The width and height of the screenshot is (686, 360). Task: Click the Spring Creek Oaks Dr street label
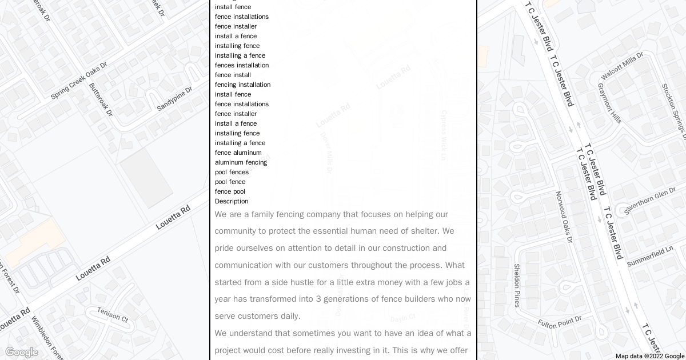pos(79,81)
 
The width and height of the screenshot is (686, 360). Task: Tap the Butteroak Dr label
pos(101,100)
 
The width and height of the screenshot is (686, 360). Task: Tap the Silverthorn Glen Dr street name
pos(653,201)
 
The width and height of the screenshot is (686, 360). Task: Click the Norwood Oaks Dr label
pos(564,217)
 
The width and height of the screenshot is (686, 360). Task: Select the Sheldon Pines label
pos(517,285)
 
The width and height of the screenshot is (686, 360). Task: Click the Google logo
pos(21,352)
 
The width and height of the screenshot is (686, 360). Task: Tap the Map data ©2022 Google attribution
pos(649,356)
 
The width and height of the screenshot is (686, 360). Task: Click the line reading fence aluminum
pos(238,153)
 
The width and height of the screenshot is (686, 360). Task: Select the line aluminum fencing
pos(241,162)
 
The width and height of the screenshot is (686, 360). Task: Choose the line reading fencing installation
pos(242,85)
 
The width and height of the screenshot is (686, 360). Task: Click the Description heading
pos(232,201)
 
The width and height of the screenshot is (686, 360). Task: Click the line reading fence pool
pos(230,191)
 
